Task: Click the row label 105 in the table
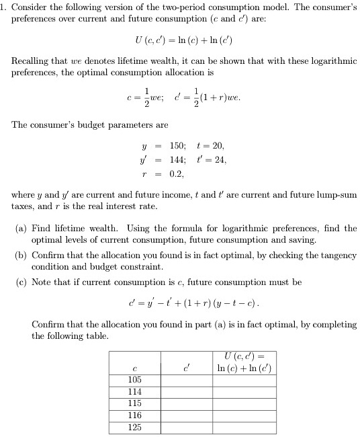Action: [134, 379]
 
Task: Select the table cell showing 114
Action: [134, 391]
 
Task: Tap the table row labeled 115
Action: [134, 403]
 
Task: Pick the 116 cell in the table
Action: [134, 415]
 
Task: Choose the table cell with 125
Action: [134, 428]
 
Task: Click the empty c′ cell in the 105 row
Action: [185, 379]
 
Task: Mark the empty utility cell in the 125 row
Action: [244, 428]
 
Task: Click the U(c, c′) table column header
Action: [244, 361]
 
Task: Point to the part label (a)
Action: [21, 229]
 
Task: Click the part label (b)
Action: [21, 255]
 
